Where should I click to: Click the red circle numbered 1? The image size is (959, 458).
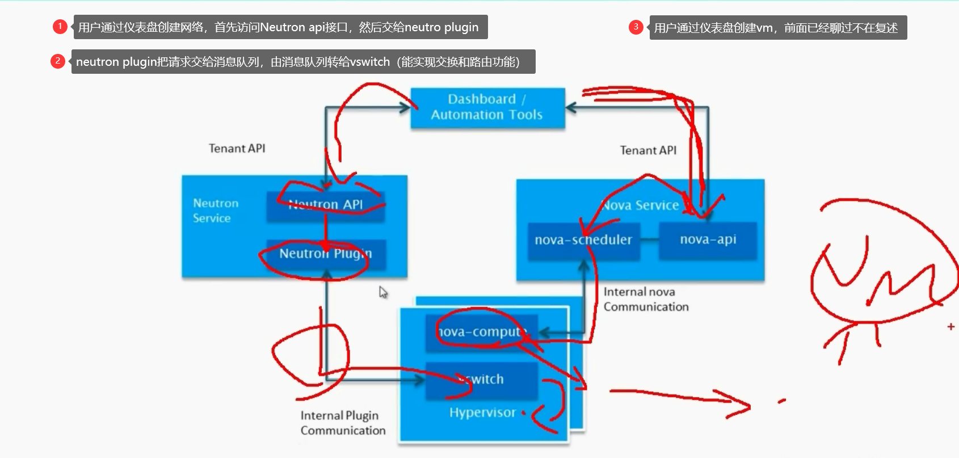pos(60,27)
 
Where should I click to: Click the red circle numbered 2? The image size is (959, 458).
pos(58,61)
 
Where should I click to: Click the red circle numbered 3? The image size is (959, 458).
pos(636,27)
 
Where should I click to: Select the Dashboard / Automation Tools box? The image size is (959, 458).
pos(487,107)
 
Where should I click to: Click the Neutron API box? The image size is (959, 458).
pos(326,205)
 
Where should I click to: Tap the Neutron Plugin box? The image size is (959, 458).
pos(326,254)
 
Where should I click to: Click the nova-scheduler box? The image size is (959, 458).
pos(583,240)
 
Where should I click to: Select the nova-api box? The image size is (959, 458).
pos(708,240)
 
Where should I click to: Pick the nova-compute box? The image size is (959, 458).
pos(481,332)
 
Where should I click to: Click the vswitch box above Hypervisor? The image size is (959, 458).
pos(481,380)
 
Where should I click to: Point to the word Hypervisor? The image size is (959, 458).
pos(482,413)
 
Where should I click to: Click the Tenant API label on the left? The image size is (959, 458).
pos(237,148)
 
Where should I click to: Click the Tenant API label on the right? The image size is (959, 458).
pos(648,150)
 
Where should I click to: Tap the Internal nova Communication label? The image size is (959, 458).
pos(646,299)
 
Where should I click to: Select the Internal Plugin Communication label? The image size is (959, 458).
pos(343,423)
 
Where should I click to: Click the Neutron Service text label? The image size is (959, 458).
pos(215,211)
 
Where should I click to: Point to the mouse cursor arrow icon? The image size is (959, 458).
pos(383,292)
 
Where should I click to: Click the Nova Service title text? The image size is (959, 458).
pos(640,205)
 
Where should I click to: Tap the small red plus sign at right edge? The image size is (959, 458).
pos(950,326)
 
